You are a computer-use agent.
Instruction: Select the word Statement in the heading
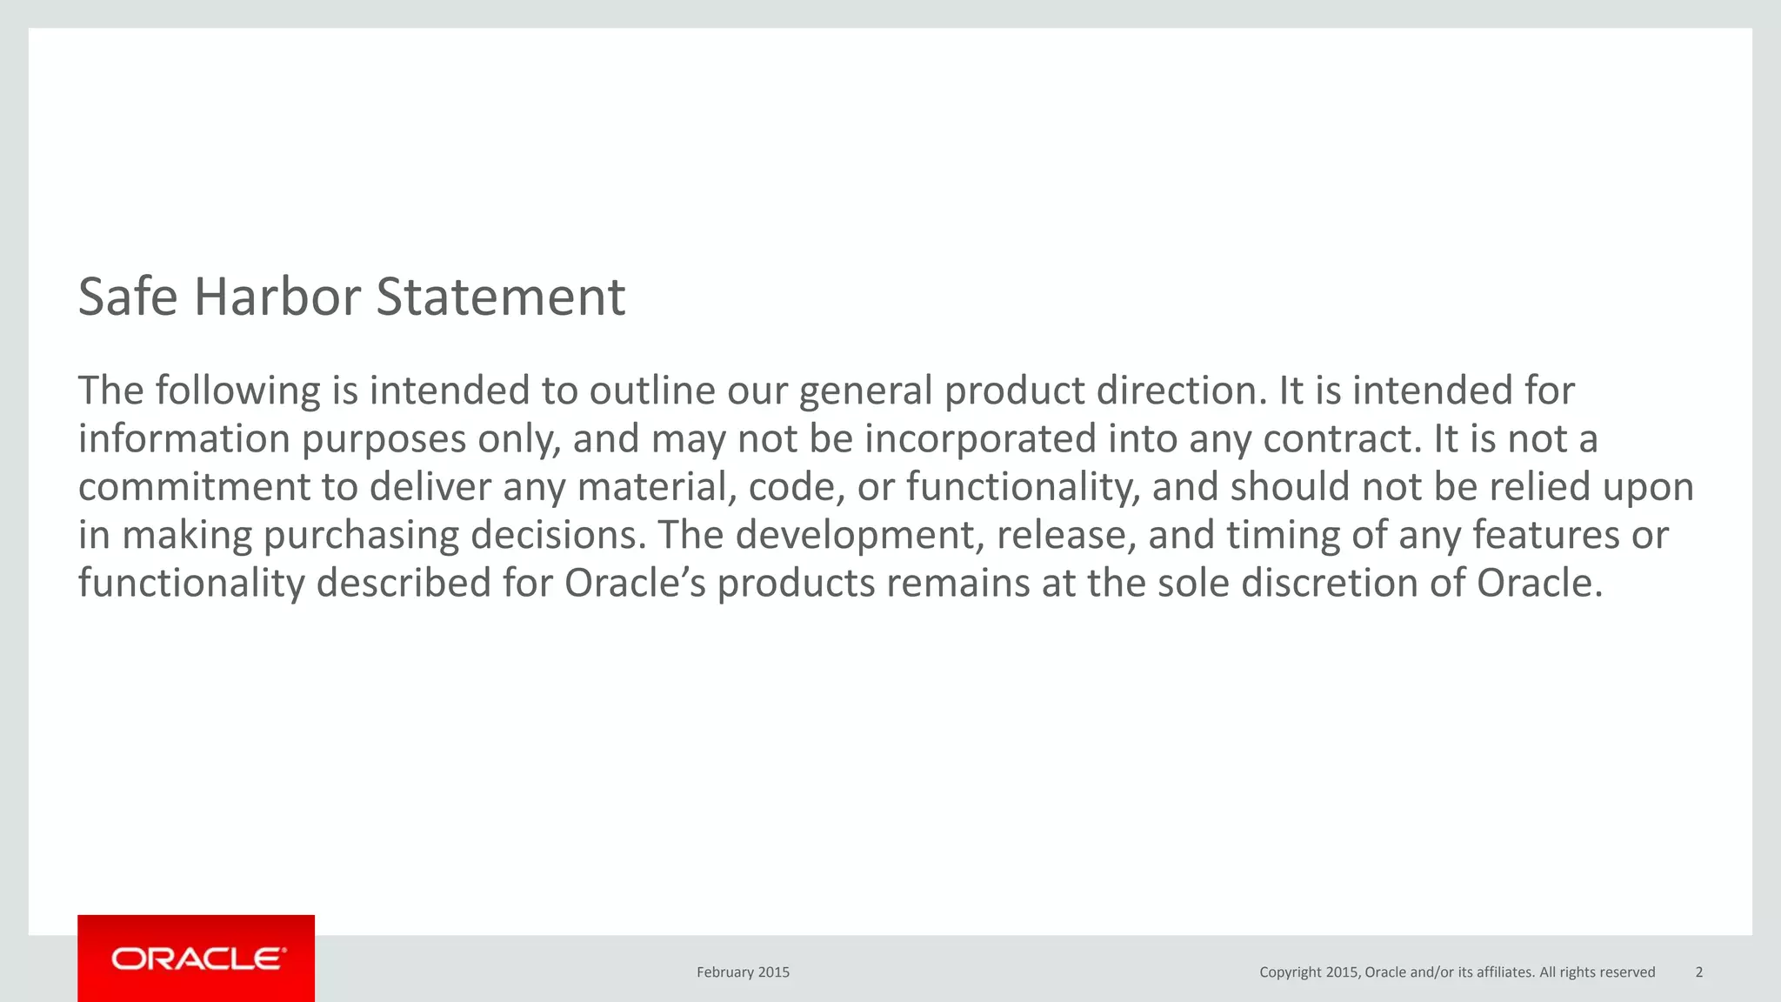[500, 297]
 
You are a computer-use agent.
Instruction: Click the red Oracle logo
[197, 959]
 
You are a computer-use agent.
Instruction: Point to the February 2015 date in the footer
[743, 972]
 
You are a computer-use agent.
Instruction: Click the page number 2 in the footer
[1699, 972]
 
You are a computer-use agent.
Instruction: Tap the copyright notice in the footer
[1457, 972]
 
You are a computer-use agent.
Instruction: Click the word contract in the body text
[1340, 439]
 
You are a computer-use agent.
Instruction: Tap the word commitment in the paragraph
[193, 487]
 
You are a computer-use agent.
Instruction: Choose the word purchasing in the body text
[360, 535]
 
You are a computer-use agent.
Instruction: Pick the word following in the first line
[237, 391]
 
